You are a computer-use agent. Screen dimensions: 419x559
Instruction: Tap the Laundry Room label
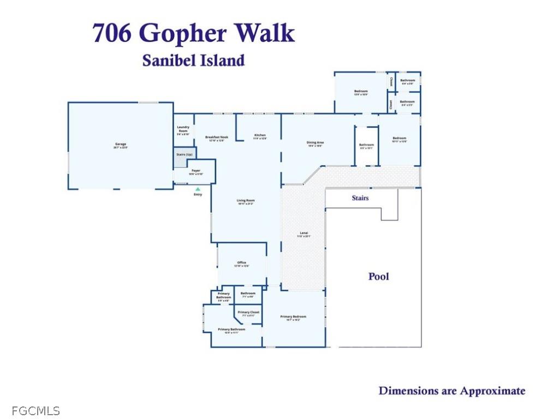(183, 129)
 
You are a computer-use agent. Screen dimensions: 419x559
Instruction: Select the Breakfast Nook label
(216, 139)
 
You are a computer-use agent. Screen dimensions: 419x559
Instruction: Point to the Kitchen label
(260, 136)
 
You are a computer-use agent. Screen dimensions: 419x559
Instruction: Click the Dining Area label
(315, 144)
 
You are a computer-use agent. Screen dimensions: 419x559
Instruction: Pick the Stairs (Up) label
(184, 154)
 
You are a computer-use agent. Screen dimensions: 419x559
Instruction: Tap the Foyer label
(195, 172)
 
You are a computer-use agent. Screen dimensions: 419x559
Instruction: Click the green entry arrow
(198, 189)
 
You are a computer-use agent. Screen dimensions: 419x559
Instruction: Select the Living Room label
(246, 202)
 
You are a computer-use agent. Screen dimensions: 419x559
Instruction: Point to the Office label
(241, 264)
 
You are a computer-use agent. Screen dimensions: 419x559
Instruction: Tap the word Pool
(379, 277)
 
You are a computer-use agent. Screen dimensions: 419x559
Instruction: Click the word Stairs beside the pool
(360, 198)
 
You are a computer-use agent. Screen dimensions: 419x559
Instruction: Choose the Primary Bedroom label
(293, 318)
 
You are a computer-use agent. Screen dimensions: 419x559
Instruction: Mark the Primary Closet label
(247, 314)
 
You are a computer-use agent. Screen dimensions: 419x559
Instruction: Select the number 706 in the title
(112, 33)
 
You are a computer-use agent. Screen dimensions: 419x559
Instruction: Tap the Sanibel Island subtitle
(193, 61)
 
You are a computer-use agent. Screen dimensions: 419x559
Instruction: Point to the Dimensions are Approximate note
(452, 391)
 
